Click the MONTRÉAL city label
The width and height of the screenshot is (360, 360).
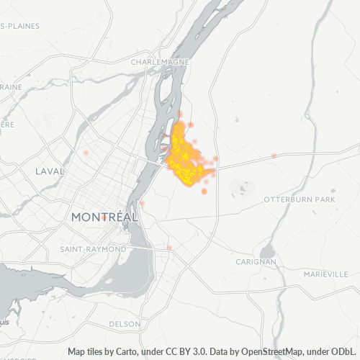[x=104, y=217]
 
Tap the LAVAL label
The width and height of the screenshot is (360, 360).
[x=50, y=171]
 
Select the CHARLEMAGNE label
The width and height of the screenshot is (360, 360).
[x=160, y=63]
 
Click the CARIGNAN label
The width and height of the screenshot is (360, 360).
[x=256, y=262]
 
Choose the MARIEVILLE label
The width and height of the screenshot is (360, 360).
[x=325, y=274]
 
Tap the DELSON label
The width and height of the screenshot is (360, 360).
[x=125, y=325]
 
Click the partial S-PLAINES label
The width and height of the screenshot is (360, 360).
[x=20, y=26]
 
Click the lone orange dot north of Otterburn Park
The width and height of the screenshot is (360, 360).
[x=274, y=155]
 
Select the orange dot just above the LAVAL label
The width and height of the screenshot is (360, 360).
[x=86, y=153]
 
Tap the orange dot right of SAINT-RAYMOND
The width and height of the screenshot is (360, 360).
[x=169, y=248]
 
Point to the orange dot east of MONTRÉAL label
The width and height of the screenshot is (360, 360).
[x=143, y=203]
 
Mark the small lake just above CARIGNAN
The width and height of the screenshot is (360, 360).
[x=267, y=251]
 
